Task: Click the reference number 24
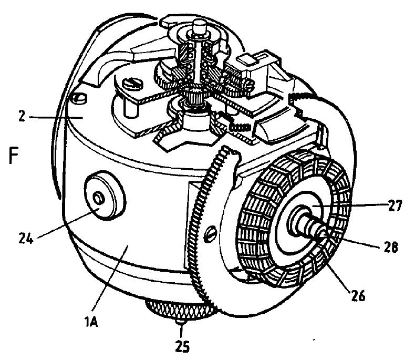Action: pos(26,239)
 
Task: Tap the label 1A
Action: pos(91,322)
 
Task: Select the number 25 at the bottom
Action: pos(183,346)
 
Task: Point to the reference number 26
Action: pos(358,295)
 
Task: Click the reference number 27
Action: pos(395,205)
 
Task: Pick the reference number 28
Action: pos(391,248)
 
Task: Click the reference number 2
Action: pos(22,116)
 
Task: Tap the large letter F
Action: pos(14,155)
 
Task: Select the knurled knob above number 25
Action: pos(181,309)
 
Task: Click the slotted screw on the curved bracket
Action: pos(211,233)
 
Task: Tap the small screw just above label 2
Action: pos(79,98)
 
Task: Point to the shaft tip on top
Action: pos(199,27)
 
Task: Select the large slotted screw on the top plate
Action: pos(132,85)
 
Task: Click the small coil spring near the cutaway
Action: pos(240,127)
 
